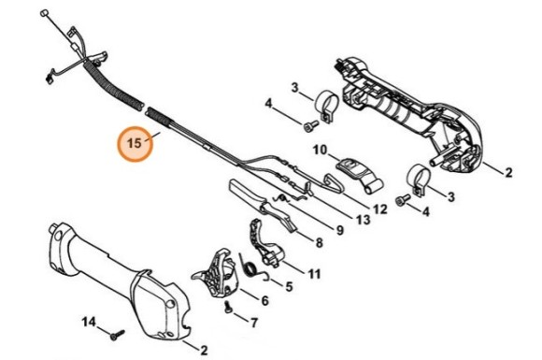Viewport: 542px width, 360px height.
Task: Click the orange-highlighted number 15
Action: click(135, 143)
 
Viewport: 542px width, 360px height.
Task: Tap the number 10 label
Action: click(320, 151)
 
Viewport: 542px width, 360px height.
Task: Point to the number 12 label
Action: click(380, 209)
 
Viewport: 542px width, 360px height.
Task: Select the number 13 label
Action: click(363, 219)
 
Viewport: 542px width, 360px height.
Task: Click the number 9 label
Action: click(340, 230)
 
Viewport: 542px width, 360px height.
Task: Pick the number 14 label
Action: click(89, 323)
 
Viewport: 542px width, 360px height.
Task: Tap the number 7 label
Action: click(254, 323)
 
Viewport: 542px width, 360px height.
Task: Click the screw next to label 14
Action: click(117, 335)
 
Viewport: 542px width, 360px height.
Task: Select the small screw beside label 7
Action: click(228, 307)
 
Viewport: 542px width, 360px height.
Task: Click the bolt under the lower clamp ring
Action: click(403, 200)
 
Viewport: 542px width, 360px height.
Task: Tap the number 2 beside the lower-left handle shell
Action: click(204, 351)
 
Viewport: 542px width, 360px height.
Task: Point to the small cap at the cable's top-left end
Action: click(44, 13)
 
